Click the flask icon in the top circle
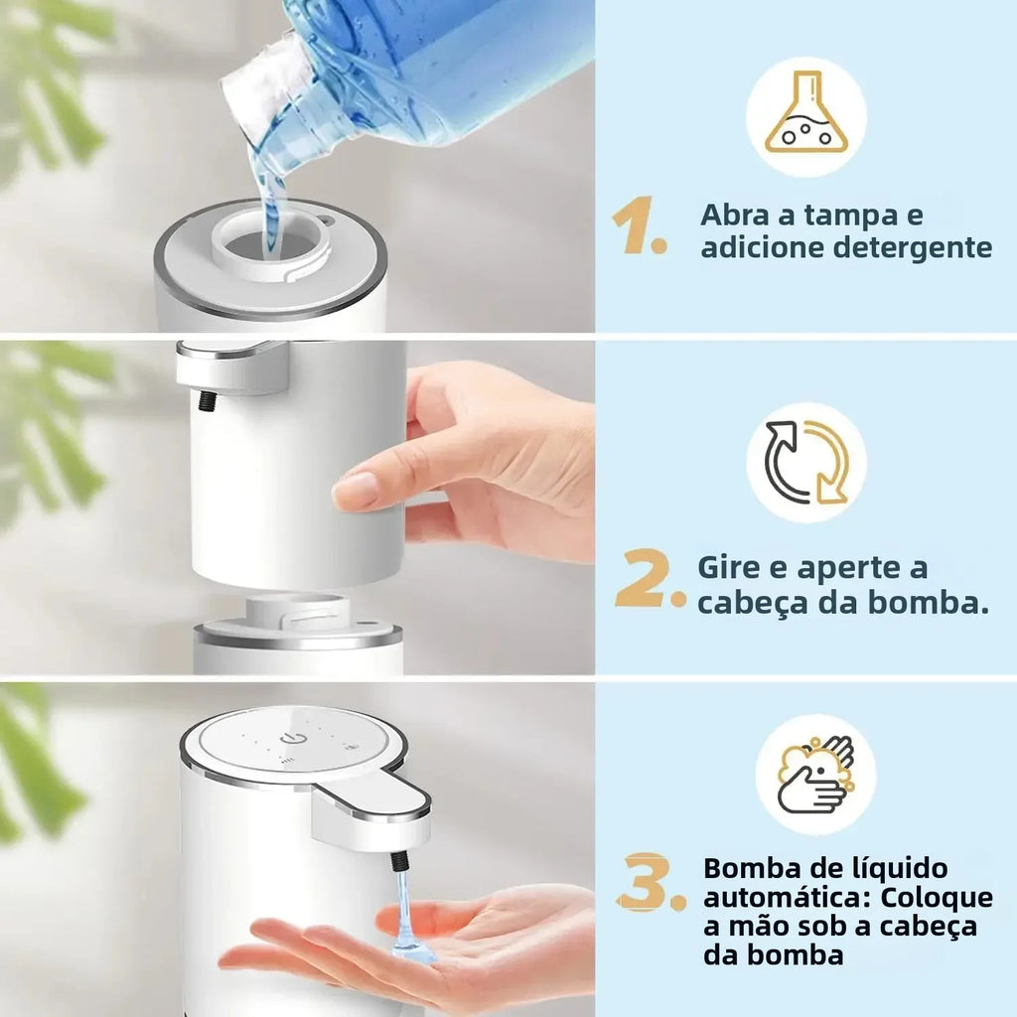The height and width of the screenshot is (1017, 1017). [x=805, y=118]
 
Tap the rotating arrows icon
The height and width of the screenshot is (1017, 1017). [x=805, y=462]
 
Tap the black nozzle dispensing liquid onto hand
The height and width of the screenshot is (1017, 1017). [x=400, y=860]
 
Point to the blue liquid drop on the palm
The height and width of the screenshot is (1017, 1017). [x=411, y=948]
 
